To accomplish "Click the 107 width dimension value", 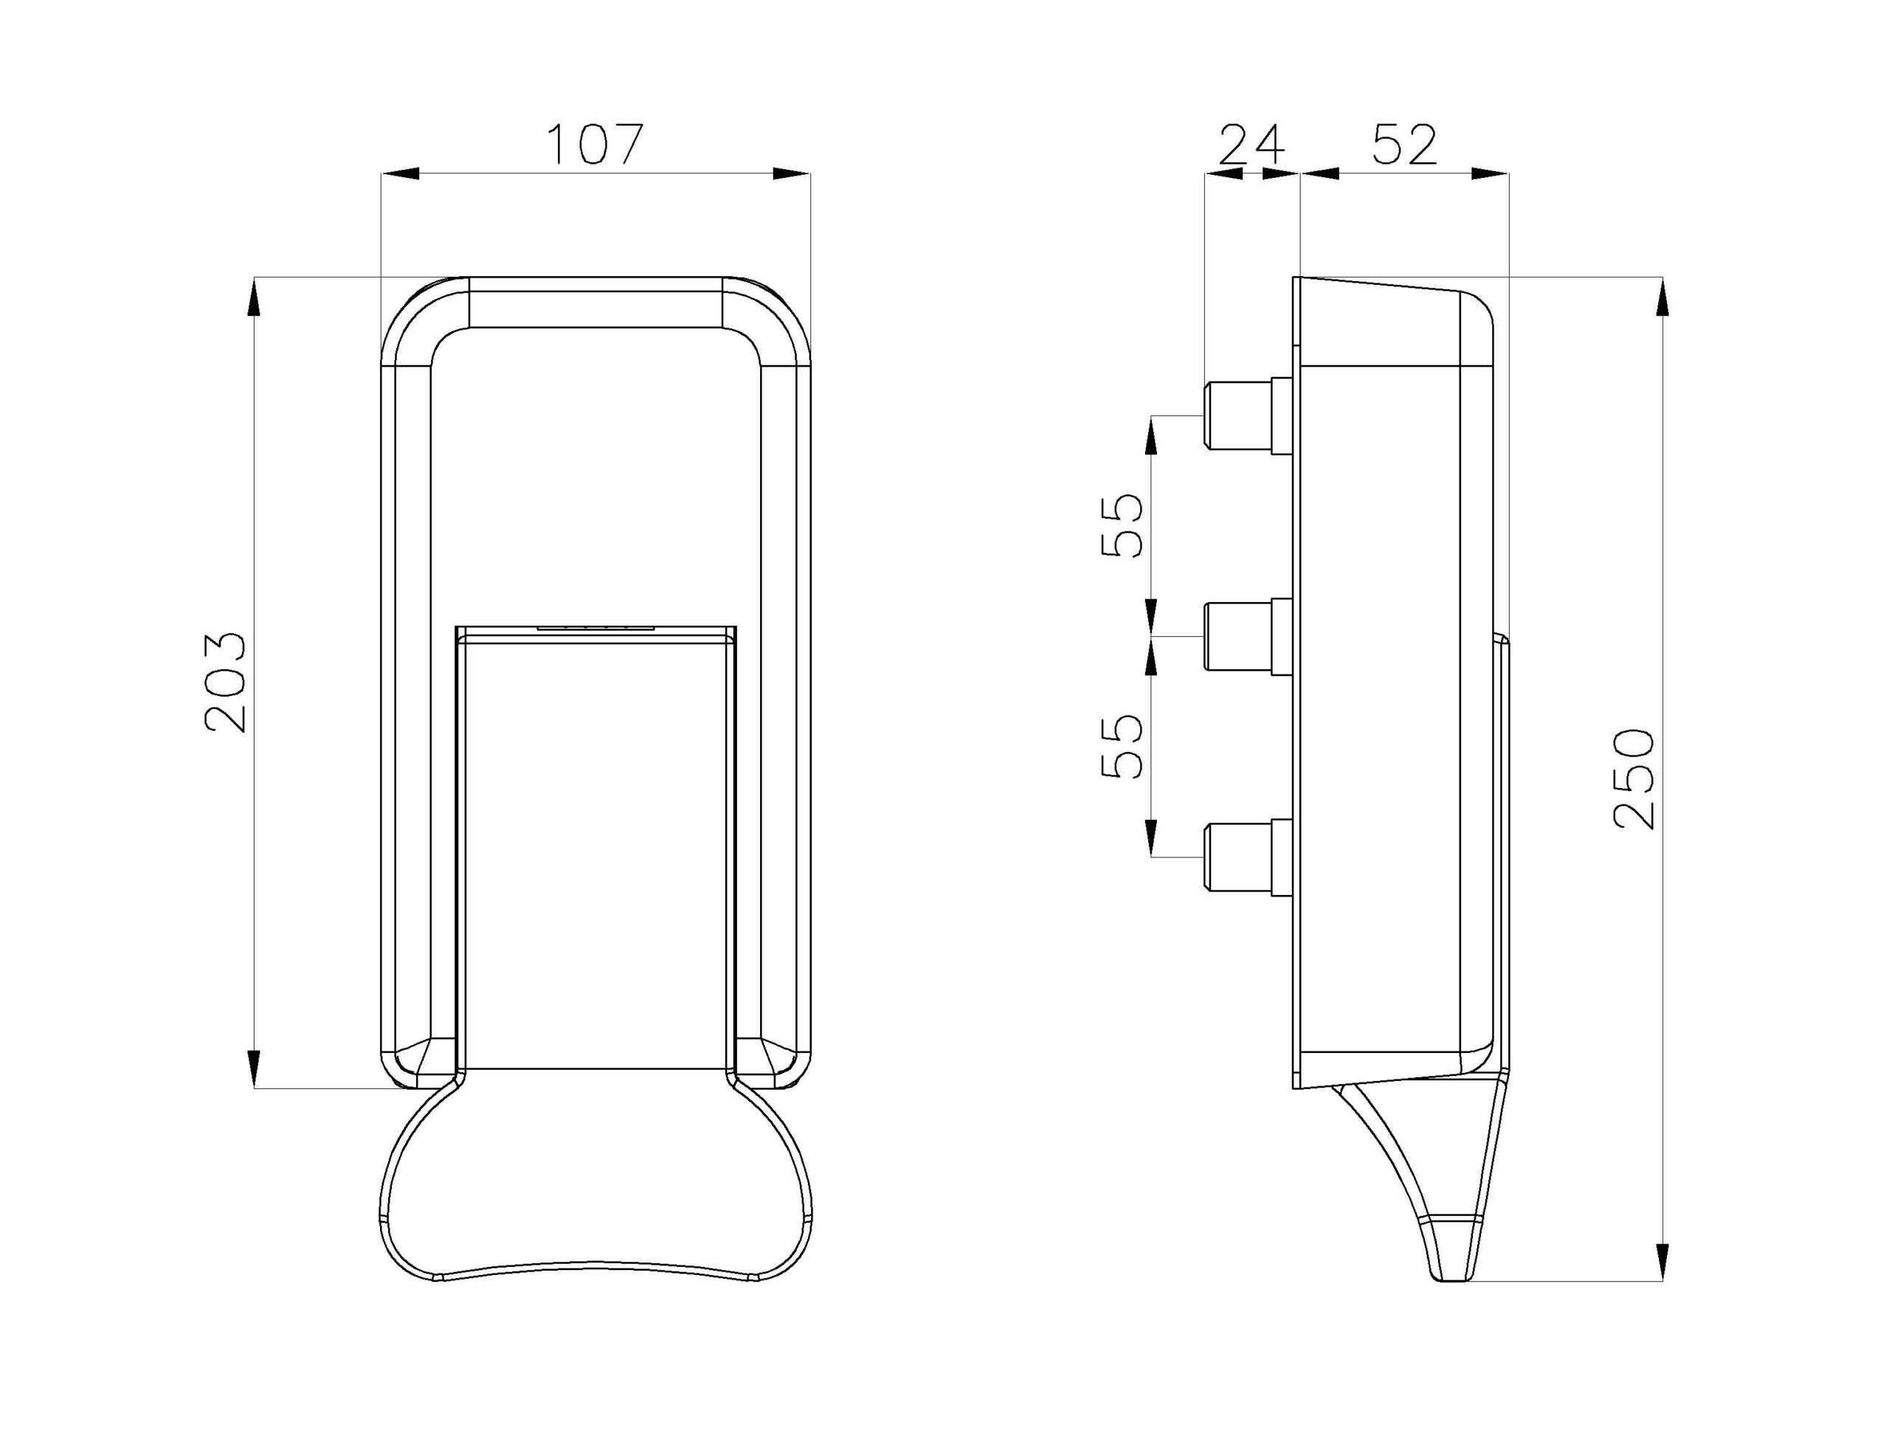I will [594, 145].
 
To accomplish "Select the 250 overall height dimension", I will [1634, 778].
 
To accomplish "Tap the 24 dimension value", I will [1251, 145].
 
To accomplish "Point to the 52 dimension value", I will [1405, 145].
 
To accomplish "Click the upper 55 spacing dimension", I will [1120, 525].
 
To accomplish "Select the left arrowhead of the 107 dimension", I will [400, 173].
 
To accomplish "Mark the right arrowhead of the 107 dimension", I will [792, 173].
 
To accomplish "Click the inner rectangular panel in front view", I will [595, 854].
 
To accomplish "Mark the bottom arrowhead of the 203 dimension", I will [254, 1068].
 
